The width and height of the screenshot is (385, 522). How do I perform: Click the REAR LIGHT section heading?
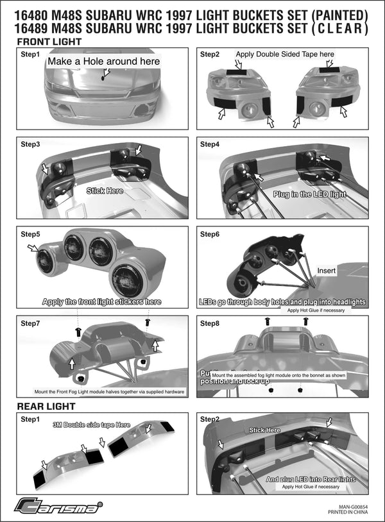coord(46,406)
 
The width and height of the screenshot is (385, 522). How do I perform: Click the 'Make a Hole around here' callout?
coord(103,62)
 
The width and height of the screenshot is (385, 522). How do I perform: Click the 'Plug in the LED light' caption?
coord(309,194)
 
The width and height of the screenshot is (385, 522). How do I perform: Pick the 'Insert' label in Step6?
coord(327,271)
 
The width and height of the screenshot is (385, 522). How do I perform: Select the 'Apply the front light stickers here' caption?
coord(101,301)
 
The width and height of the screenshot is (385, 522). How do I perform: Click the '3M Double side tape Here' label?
coord(91,425)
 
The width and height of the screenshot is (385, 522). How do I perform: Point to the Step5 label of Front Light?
coord(30,234)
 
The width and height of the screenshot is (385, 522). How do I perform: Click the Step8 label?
coord(210,323)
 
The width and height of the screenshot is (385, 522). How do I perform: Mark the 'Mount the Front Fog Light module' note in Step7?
coord(109,391)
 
